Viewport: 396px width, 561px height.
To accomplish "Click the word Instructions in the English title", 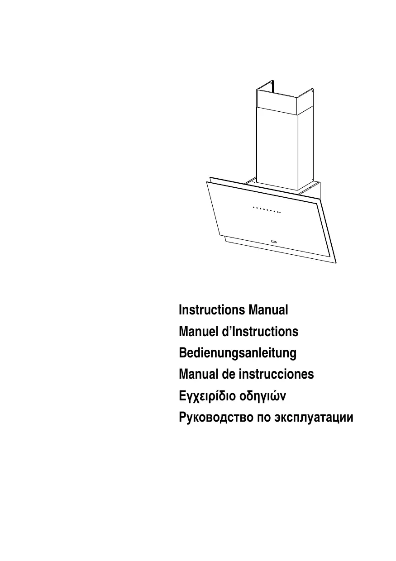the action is tap(211, 310).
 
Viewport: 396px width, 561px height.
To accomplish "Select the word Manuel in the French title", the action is tap(198, 332).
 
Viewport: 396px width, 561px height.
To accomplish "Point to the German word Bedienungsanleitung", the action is tap(238, 353).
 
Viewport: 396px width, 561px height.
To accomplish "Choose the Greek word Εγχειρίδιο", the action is tap(206, 396).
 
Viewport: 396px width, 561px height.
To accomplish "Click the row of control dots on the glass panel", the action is tap(267, 210).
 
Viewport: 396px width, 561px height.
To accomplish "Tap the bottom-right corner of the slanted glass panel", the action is tap(335, 263).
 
